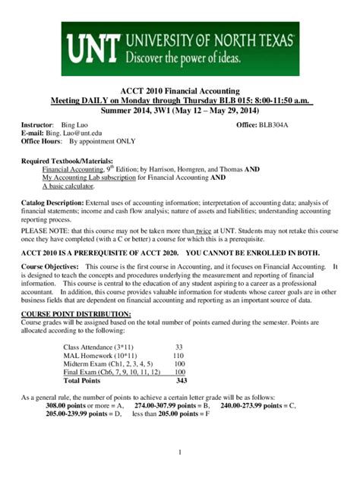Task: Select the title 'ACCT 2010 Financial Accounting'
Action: coord(180,90)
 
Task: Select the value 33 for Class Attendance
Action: coord(179,346)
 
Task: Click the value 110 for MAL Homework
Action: coord(179,355)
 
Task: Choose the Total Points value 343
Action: coord(180,381)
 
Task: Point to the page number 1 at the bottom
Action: coord(179,453)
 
